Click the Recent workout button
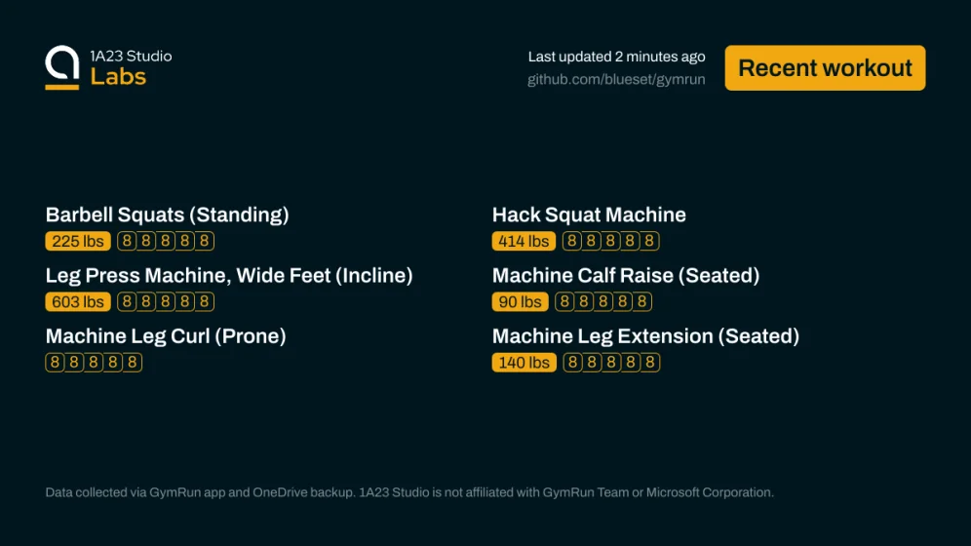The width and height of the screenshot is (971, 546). (825, 68)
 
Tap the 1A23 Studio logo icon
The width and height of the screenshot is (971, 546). (62, 67)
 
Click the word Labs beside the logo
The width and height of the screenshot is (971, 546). (118, 77)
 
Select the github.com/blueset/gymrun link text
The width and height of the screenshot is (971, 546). (616, 79)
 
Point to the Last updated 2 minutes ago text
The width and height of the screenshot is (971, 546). (616, 57)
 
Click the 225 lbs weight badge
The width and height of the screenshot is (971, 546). (78, 241)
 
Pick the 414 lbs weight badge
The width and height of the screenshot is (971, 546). (524, 241)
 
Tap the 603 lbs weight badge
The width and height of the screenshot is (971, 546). (78, 301)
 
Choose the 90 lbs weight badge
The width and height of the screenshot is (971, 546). (521, 301)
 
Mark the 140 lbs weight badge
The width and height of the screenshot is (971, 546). (524, 362)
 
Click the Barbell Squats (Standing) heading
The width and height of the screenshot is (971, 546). (168, 214)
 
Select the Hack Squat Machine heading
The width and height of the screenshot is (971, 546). (589, 214)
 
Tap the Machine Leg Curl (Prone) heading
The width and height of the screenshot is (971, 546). (166, 336)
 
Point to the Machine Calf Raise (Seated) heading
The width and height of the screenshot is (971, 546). (626, 276)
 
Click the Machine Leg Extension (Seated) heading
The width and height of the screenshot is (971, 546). (646, 336)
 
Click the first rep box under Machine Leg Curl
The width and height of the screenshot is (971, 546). (55, 362)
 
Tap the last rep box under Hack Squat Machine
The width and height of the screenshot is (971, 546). (649, 241)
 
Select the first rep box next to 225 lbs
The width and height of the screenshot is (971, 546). (127, 241)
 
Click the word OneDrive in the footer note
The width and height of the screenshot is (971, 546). (280, 492)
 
